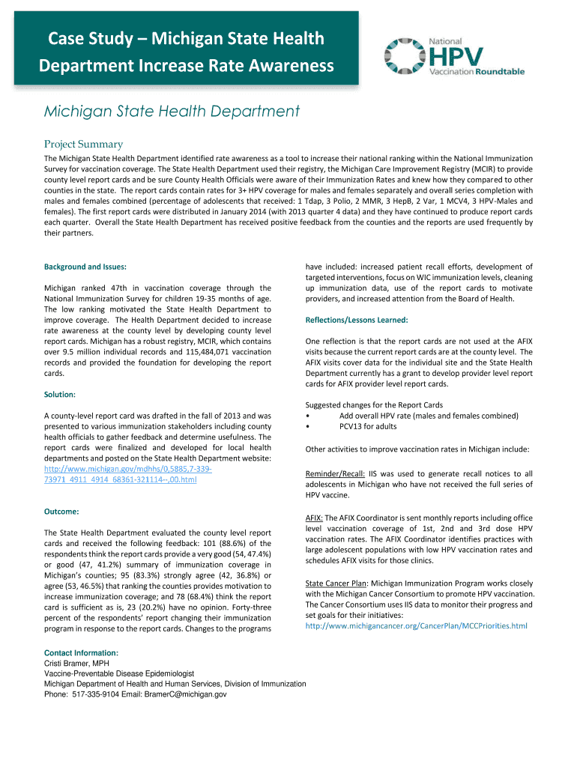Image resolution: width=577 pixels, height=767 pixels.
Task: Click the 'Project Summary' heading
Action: pos(83,144)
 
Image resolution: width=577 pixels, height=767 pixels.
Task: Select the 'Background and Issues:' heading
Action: pos(85,267)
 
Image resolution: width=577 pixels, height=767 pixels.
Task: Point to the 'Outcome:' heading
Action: pos(61,512)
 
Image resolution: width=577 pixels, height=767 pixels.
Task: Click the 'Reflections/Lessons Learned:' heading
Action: pos(356,320)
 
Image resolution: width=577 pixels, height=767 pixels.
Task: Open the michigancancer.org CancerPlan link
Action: pos(416,625)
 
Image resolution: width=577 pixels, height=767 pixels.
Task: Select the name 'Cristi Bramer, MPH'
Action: pos(77,664)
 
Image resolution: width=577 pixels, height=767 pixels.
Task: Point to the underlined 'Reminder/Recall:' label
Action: pos(335,474)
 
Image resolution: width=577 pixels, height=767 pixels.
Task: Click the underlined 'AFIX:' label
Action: pos(314,518)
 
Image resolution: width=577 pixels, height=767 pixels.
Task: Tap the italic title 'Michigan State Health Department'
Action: pos(172,112)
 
